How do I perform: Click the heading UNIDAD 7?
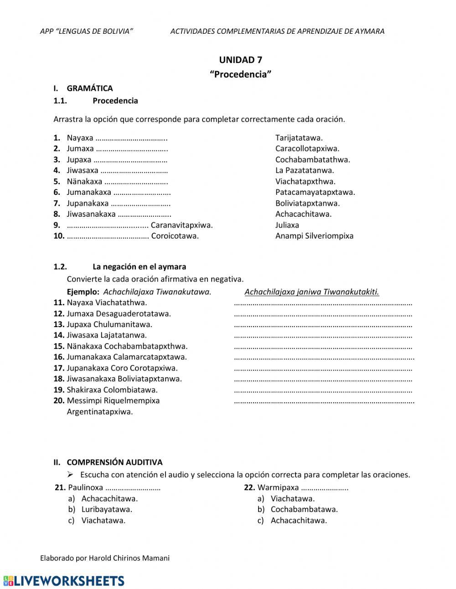point(240,60)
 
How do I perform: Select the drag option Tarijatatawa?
point(299,138)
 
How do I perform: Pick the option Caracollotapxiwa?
point(307,149)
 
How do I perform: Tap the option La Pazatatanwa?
point(304,171)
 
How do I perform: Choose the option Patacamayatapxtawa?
point(315,193)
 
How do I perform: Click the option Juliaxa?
point(287,225)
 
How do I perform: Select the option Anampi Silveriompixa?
point(314,236)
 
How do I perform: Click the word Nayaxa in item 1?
point(80,138)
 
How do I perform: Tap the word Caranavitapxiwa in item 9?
point(181,225)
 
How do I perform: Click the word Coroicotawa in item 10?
point(175,236)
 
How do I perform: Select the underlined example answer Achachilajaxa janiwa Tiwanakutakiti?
point(311,292)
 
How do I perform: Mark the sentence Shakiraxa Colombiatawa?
point(112,390)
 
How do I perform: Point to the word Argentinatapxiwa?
point(100,412)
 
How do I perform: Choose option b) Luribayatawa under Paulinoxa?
point(106,510)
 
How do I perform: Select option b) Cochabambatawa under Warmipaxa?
point(304,510)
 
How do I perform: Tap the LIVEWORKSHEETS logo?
point(64,581)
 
